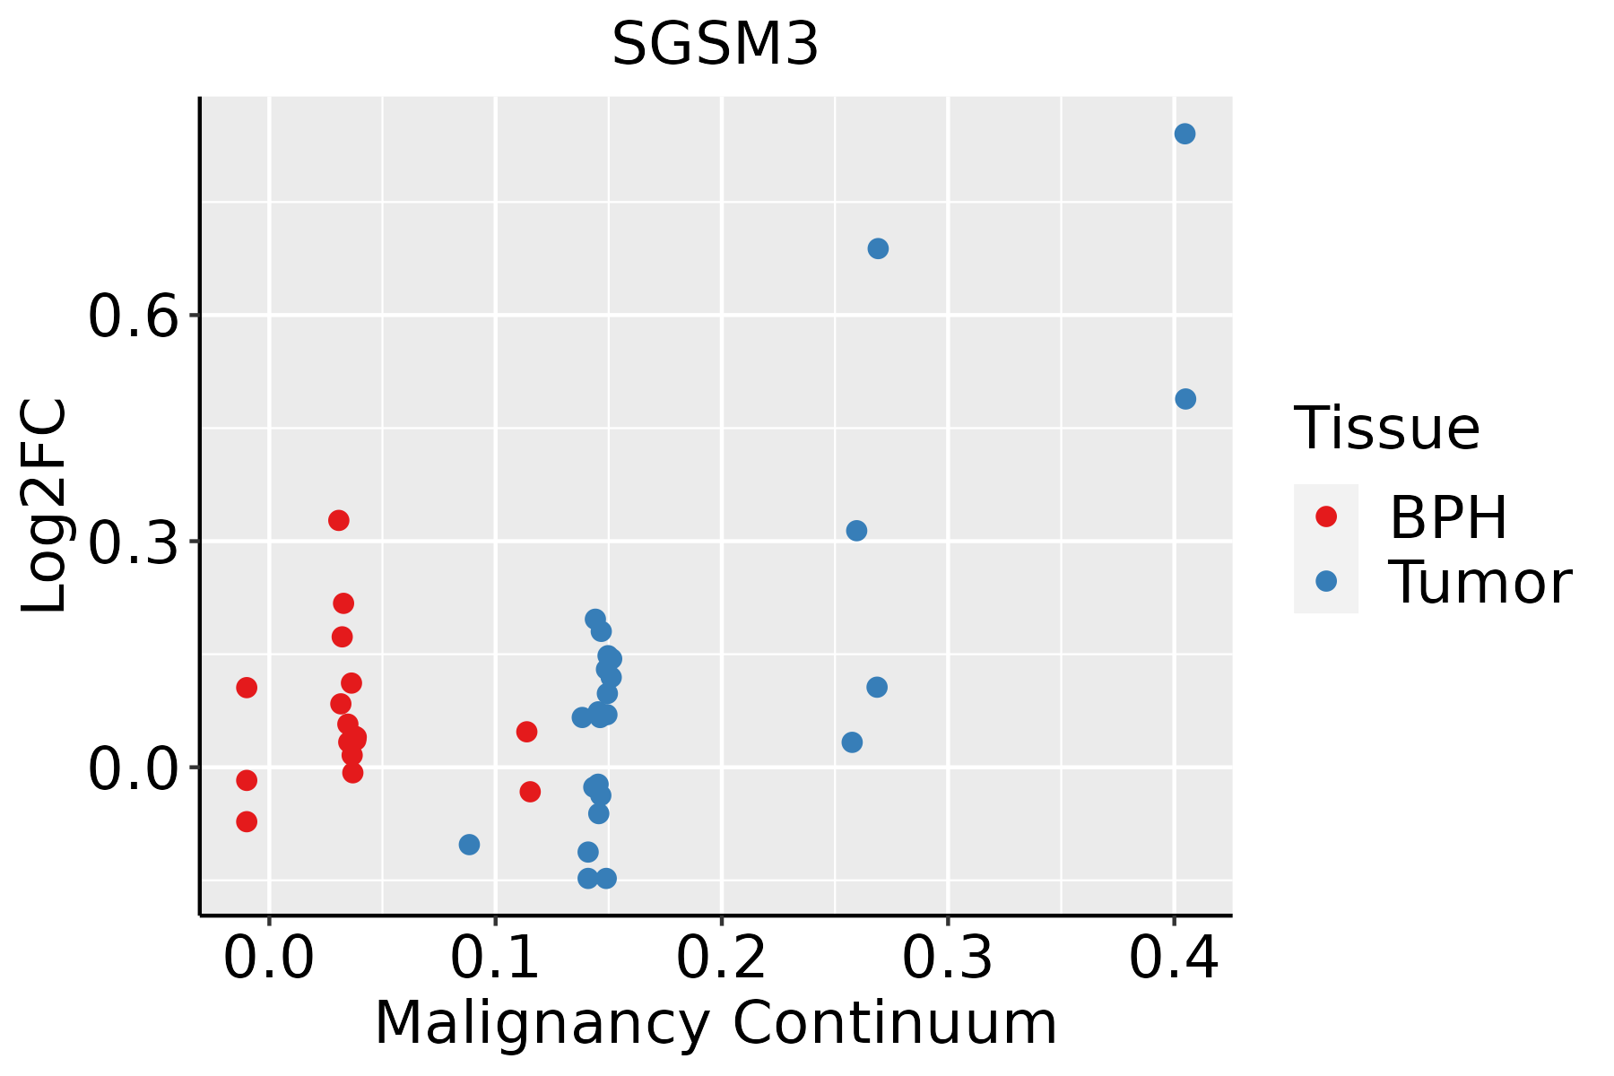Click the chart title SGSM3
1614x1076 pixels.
click(x=715, y=44)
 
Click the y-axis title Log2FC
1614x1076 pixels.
click(x=45, y=506)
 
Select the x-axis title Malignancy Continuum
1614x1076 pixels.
click(x=716, y=1023)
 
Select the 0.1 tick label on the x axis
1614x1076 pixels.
click(x=495, y=958)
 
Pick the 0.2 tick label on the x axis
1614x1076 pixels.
click(x=721, y=958)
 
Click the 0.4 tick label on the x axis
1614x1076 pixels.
click(x=1173, y=958)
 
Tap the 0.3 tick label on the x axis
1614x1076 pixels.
click(x=947, y=958)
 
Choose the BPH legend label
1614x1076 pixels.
click(x=1448, y=517)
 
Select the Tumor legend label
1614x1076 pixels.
click(x=1480, y=582)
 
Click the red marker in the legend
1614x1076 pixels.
click(x=1326, y=516)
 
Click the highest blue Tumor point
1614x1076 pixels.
click(x=1184, y=134)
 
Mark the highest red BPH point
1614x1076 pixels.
click(x=339, y=520)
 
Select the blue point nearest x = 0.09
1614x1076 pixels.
click(x=469, y=845)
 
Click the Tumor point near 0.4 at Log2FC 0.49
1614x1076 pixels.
click(x=1185, y=399)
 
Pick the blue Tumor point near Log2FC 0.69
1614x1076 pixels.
click(x=878, y=248)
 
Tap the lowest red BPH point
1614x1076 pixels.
click(x=247, y=821)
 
